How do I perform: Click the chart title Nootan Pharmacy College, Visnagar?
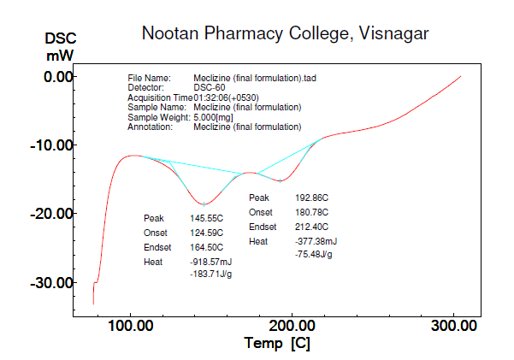[285, 33]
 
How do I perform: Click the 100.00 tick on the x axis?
[130, 326]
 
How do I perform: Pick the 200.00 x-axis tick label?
[292, 326]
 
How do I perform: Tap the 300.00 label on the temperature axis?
[454, 326]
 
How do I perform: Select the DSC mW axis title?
[59, 47]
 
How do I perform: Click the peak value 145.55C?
[206, 218]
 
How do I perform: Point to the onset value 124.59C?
[206, 233]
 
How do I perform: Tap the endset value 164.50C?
[206, 247]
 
